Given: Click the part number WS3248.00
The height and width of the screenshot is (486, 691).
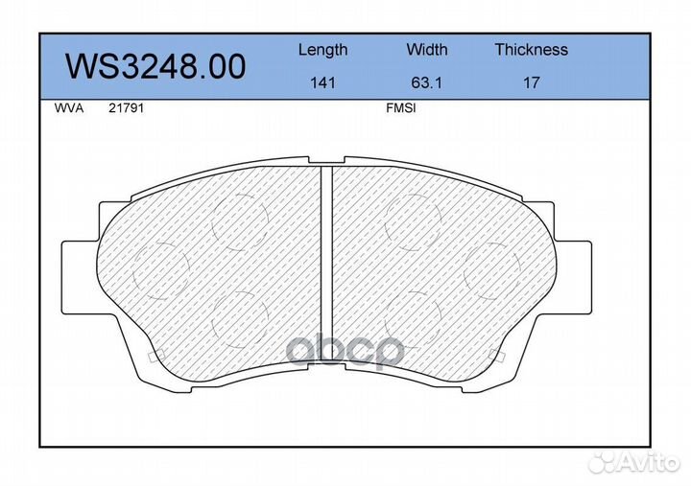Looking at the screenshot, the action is pos(155,66).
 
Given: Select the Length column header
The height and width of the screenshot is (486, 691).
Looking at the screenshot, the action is pos(322,50).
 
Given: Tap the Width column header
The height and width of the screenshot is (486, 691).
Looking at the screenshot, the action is pos(426,49).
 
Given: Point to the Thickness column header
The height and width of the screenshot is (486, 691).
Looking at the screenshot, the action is pos(531,49).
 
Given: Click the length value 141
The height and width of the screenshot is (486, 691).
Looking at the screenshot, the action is pos(323,82).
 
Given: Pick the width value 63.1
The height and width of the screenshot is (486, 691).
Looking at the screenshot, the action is pos(426,82).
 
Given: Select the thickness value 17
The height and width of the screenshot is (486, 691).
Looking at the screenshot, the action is pos(531,82).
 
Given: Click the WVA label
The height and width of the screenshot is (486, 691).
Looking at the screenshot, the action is pos(69,108).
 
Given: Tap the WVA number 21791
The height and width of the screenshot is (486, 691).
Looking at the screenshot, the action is pos(126,108).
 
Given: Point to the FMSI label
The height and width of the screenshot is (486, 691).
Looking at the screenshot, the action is pos(400,108).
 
